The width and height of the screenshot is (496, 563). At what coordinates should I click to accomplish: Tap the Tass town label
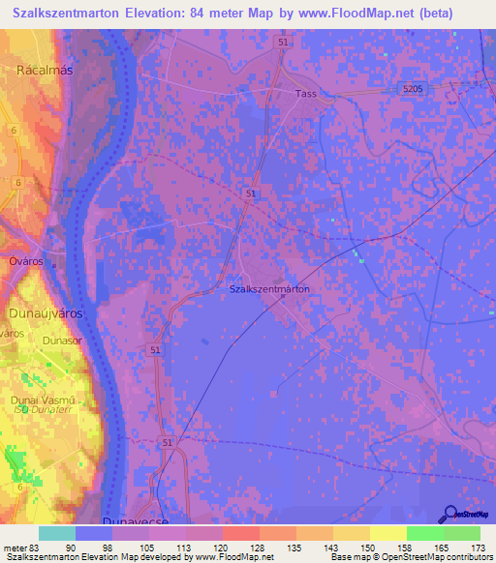306,94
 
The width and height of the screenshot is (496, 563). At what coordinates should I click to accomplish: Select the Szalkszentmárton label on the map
270,289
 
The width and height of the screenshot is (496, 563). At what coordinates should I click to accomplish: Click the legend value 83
37,548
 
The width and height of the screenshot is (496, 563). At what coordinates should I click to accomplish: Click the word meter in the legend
15,548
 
